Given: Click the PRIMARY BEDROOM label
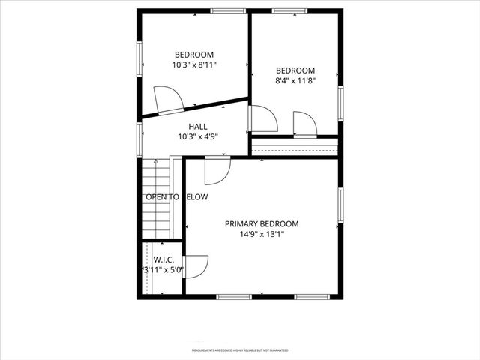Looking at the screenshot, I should point(262,224).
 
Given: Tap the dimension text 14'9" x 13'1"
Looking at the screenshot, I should point(262,234).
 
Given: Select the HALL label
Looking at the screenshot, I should point(198,127).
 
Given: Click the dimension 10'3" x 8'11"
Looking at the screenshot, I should point(194,65).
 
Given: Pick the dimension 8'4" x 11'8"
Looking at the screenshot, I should point(295,81).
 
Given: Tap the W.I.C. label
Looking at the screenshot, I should point(163,259).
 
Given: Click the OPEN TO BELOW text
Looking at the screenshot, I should point(176,197).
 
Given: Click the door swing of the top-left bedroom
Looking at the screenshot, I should point(166,99).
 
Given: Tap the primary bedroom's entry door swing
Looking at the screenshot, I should point(216,170).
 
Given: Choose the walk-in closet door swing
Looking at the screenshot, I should point(195,267).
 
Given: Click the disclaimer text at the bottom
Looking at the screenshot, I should point(240,349).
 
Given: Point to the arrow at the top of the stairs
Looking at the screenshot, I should point(155,163).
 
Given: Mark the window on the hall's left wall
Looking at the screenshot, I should point(139,139).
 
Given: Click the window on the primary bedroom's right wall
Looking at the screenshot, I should point(340,206).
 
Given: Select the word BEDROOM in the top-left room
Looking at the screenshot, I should point(194,55).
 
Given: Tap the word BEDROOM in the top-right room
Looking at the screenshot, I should point(295,70).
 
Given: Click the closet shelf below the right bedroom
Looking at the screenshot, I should point(294,147).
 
